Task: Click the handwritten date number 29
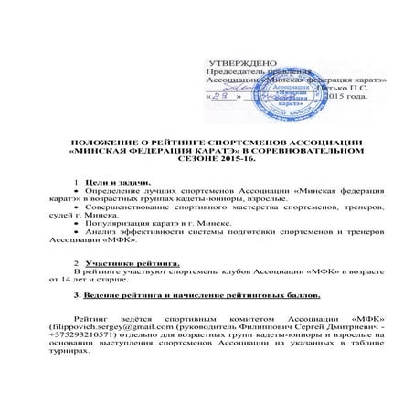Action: pyautogui.click(x=227, y=95)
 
